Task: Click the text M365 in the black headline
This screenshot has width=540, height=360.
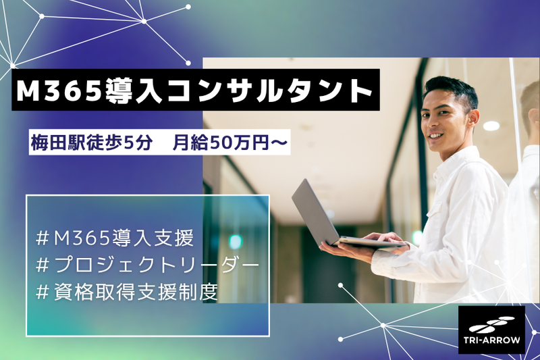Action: (x=58, y=91)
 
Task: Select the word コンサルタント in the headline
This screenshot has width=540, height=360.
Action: (x=269, y=91)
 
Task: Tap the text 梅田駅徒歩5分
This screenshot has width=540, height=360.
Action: (x=91, y=143)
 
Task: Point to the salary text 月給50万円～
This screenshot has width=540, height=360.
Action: (x=230, y=143)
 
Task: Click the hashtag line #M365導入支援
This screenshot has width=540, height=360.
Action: (x=115, y=238)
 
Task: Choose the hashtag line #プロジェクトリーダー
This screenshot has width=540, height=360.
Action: (x=147, y=265)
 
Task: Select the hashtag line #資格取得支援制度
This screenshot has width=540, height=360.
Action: (x=127, y=292)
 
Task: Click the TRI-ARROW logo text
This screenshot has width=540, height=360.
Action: (x=492, y=340)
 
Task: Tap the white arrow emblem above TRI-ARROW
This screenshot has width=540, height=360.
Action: (x=492, y=324)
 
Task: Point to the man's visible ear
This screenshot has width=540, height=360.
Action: (x=474, y=118)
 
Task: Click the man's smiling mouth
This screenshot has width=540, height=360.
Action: (x=435, y=136)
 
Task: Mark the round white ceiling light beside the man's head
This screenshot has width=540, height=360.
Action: (x=491, y=126)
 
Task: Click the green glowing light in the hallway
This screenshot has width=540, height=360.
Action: (x=236, y=242)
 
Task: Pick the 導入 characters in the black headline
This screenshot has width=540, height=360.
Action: (x=133, y=91)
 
